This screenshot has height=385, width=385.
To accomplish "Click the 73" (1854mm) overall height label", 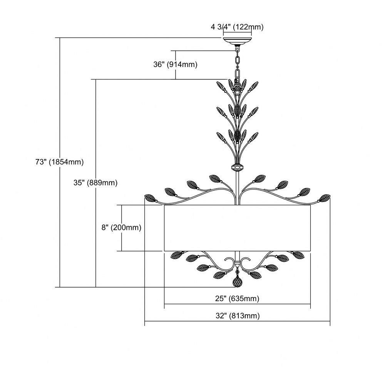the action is (x=59, y=162).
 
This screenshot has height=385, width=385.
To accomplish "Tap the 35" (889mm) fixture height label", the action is (x=95, y=182).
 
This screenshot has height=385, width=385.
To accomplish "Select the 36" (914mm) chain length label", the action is (x=175, y=64).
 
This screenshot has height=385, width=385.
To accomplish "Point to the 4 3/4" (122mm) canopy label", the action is (x=237, y=27).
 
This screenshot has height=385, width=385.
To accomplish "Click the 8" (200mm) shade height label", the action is (x=122, y=228).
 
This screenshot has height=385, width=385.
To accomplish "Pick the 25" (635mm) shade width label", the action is (x=237, y=299).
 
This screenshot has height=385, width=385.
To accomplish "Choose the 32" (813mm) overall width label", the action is (x=238, y=316).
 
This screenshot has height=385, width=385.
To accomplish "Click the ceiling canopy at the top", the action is (x=237, y=41).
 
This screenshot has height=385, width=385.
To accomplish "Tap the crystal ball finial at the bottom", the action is (x=237, y=282).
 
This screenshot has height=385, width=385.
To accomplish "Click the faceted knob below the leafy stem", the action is (x=237, y=168).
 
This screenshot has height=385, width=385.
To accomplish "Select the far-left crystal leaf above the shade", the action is (x=150, y=198).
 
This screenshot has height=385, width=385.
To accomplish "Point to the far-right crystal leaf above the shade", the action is (x=324, y=198).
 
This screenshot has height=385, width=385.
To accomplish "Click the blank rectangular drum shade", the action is (x=237, y=228).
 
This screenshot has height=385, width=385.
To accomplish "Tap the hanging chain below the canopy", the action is (x=237, y=64).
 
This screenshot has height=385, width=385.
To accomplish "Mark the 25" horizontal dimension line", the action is (x=237, y=304).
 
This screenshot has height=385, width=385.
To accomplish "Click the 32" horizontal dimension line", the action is (x=237, y=321).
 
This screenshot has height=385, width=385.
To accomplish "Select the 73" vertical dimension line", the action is (x=60, y=162).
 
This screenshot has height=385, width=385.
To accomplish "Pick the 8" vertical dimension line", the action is (x=122, y=228).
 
